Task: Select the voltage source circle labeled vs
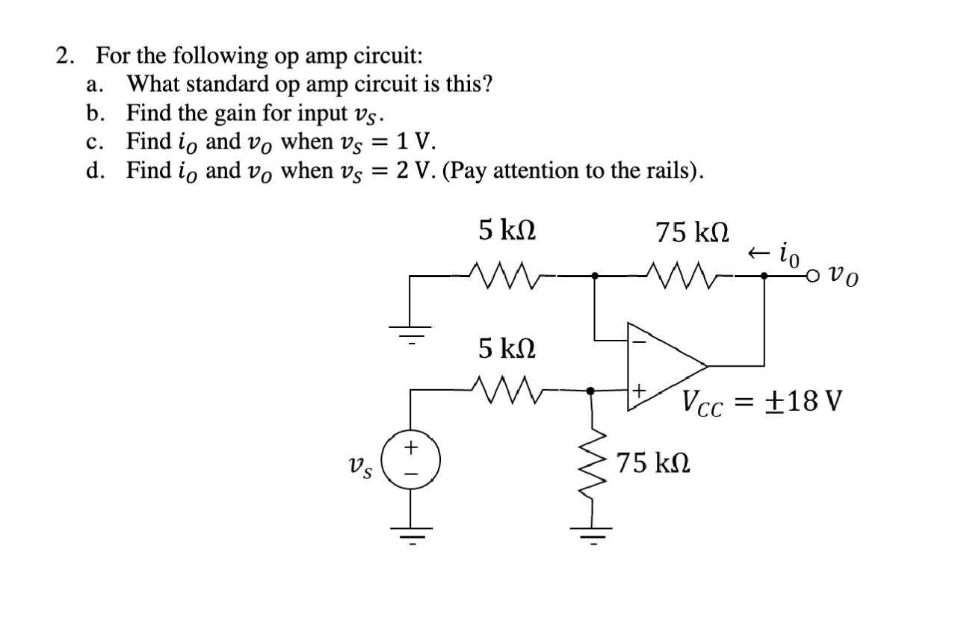[410, 458]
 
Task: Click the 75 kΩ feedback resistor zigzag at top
[682, 276]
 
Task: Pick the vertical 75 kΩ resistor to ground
[592, 462]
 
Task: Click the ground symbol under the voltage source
[410, 532]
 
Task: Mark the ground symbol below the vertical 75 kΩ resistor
[592, 533]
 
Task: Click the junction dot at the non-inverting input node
[591, 390]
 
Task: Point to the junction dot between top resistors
[594, 276]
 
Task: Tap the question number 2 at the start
[67, 56]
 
